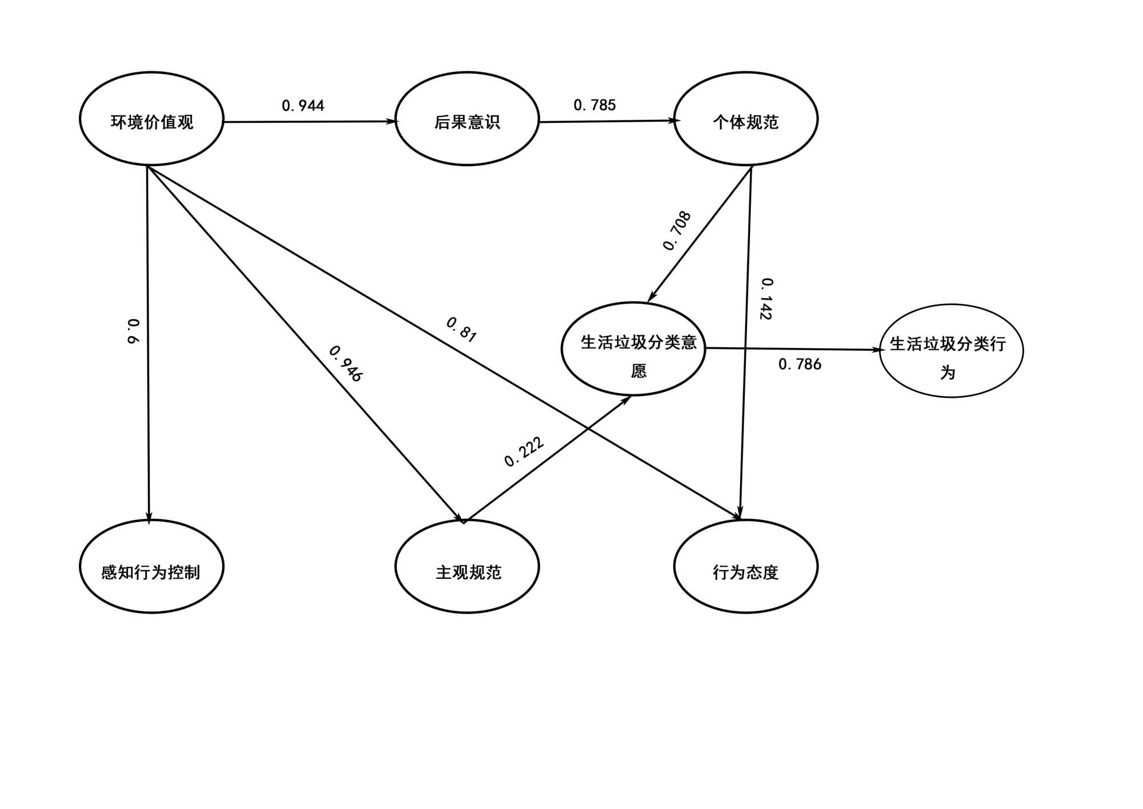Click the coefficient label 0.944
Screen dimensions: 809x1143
click(x=303, y=106)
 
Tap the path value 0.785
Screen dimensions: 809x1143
click(x=594, y=105)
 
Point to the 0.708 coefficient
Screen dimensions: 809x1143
click(x=677, y=231)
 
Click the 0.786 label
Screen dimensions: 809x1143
click(x=800, y=365)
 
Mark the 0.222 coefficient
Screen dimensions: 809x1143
click(x=524, y=452)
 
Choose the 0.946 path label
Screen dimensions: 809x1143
click(x=346, y=363)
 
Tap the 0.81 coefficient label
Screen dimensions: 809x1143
click(x=461, y=330)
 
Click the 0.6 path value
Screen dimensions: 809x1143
click(x=133, y=331)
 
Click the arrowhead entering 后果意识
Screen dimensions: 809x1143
click(x=392, y=121)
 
